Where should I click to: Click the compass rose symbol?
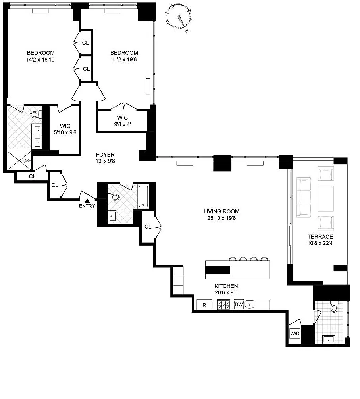179,17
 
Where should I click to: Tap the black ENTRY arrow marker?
87,201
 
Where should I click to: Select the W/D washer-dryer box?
295,333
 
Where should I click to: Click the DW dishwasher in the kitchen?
239,304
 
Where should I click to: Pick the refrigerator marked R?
204,305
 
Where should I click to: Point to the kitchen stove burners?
223,305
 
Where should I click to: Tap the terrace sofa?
304,197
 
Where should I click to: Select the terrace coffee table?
326,198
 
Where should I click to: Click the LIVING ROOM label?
221,211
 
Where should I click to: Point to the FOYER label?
105,155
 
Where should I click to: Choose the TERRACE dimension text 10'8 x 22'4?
320,243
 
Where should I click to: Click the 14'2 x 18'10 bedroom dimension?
40,60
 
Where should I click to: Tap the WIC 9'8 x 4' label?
123,121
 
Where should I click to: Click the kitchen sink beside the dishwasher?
250,304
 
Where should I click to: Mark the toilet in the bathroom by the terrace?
334,307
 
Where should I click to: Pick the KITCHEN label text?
226,286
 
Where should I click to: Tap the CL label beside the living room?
148,227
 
